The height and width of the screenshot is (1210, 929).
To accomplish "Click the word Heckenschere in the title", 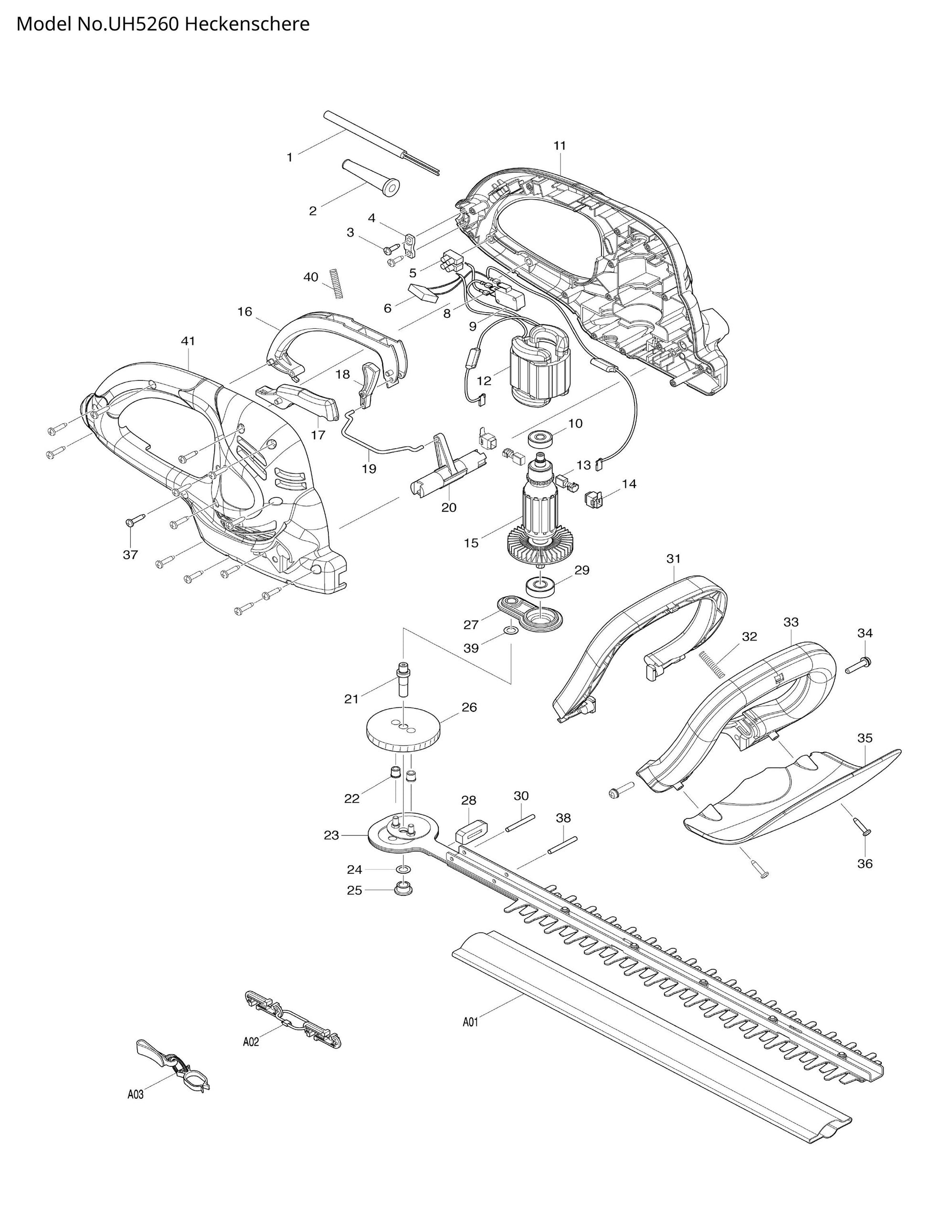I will coord(247,24).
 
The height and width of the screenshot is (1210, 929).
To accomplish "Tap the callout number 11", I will coord(560,146).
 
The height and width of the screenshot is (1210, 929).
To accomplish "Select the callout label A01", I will coord(470,1022).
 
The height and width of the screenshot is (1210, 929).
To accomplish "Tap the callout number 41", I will coord(188,341).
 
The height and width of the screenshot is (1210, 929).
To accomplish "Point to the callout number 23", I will coord(331,835).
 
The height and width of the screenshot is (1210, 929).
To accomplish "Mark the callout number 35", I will coord(865,737).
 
